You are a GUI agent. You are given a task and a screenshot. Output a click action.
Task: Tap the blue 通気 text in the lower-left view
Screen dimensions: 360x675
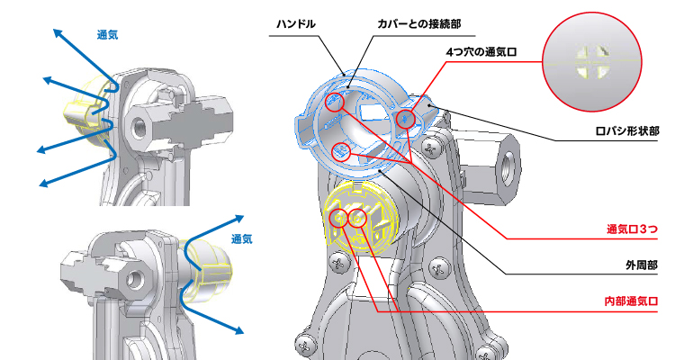pos(242,239)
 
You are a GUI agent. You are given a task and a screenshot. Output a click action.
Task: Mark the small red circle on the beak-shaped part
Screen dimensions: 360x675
pos(406,118)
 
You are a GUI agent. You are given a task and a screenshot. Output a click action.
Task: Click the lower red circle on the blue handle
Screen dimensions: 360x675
pos(341,151)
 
